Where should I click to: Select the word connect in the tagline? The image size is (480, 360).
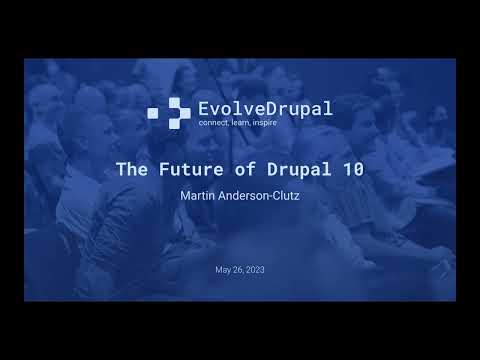pos(215,123)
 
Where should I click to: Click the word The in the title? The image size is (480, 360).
pos(133,169)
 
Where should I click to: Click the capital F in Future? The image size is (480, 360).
pos(164,169)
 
